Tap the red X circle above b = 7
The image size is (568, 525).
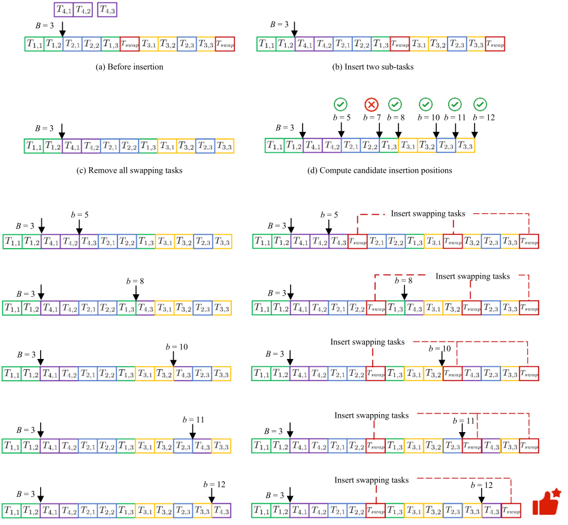371,105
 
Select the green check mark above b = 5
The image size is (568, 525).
341,104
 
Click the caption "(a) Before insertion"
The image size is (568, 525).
129,67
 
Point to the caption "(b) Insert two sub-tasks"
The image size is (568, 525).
373,67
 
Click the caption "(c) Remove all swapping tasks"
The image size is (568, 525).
129,170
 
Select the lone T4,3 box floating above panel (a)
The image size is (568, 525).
108,9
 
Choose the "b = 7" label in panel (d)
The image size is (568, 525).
371,117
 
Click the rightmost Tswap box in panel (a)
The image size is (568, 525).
225,44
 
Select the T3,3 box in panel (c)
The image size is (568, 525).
223,146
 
